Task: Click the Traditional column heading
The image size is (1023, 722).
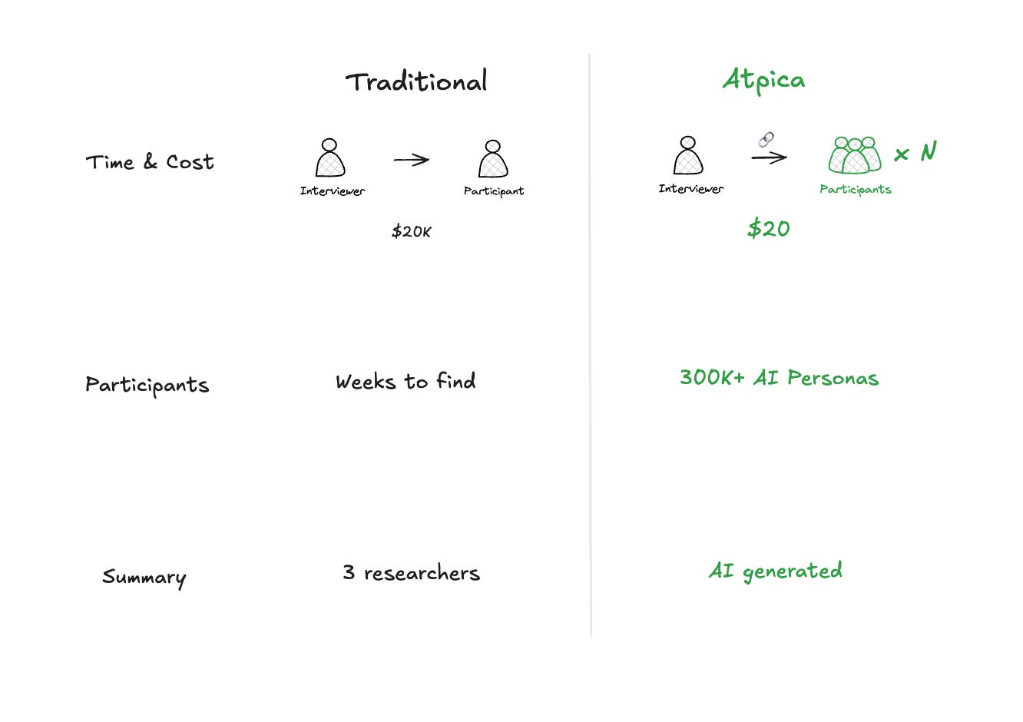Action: pyautogui.click(x=415, y=81)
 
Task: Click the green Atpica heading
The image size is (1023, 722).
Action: pyautogui.click(x=763, y=80)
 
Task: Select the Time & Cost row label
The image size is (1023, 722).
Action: pyautogui.click(x=150, y=162)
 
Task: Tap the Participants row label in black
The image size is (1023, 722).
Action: pyautogui.click(x=147, y=385)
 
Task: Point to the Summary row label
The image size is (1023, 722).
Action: pyautogui.click(x=144, y=577)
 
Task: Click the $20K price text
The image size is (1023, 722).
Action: pyautogui.click(x=411, y=231)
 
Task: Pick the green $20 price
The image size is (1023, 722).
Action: pyautogui.click(x=768, y=228)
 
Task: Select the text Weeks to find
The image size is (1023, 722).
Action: pyautogui.click(x=406, y=382)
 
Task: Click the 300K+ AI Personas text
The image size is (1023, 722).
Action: pyautogui.click(x=779, y=378)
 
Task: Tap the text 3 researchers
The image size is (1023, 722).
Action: pyautogui.click(x=411, y=573)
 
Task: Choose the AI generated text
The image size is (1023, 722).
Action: pyautogui.click(x=775, y=571)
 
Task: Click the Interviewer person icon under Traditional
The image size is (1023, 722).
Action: pyautogui.click(x=330, y=158)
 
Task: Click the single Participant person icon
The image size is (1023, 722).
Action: pyautogui.click(x=493, y=159)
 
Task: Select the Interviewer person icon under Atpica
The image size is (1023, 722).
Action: pyautogui.click(x=688, y=156)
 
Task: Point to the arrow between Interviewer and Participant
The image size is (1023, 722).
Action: pyautogui.click(x=411, y=160)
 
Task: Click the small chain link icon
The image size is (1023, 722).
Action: pyautogui.click(x=766, y=139)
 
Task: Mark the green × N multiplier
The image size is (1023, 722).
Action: pyautogui.click(x=915, y=152)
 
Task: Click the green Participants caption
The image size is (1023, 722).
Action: pyautogui.click(x=855, y=190)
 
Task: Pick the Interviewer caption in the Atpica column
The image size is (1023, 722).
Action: pyautogui.click(x=690, y=189)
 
